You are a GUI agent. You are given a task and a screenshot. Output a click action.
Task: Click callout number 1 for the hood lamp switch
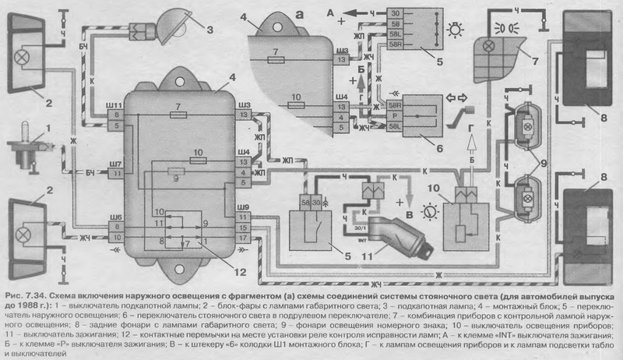29,126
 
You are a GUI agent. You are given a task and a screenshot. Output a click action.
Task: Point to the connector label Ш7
116,164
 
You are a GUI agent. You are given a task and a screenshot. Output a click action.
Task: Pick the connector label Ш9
242,206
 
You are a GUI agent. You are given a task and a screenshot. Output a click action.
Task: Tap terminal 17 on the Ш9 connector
243,237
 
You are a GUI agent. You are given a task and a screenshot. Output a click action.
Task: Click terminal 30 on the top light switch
396,14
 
